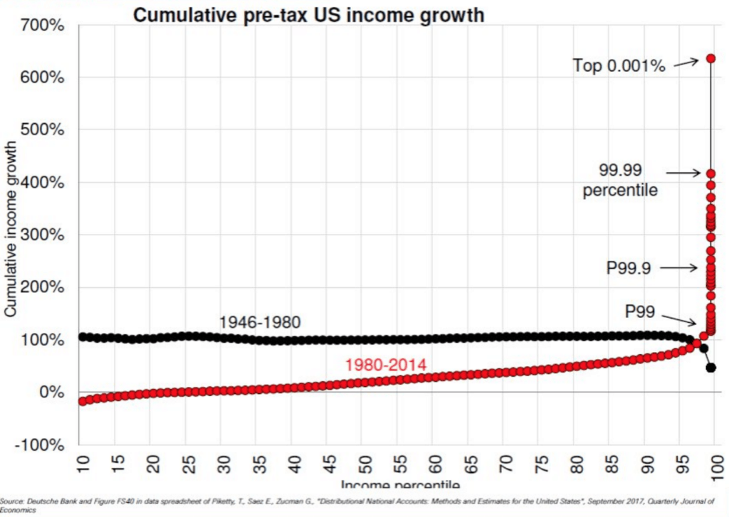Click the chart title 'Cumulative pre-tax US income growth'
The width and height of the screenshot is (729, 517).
[x=309, y=15]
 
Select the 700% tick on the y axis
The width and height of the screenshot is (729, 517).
[x=45, y=26]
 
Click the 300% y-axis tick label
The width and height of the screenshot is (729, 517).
[x=45, y=235]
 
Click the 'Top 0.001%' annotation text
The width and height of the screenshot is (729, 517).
[x=619, y=66]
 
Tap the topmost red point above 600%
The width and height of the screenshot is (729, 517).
[x=710, y=58]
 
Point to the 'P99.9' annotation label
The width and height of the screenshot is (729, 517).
[x=629, y=268]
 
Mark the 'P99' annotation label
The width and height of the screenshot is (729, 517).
[x=639, y=311]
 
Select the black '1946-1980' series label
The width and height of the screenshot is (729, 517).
[x=260, y=322]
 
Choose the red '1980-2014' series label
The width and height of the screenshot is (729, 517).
[x=385, y=366]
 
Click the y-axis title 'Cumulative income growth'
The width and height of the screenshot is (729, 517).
[x=11, y=228]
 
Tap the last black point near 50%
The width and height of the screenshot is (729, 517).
[x=710, y=368]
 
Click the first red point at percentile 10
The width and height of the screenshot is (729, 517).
[x=83, y=402]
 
